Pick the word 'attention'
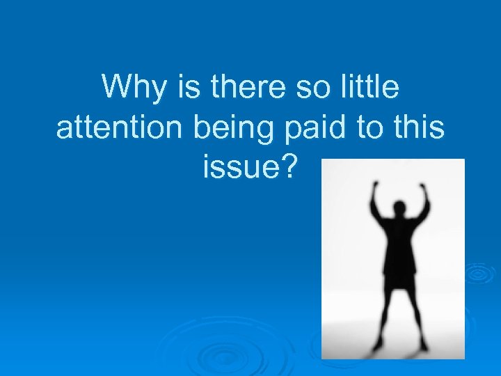tap(111, 129)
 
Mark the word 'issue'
tap(237, 168)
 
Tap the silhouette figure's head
tap(401, 210)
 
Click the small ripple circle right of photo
tap(479, 273)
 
